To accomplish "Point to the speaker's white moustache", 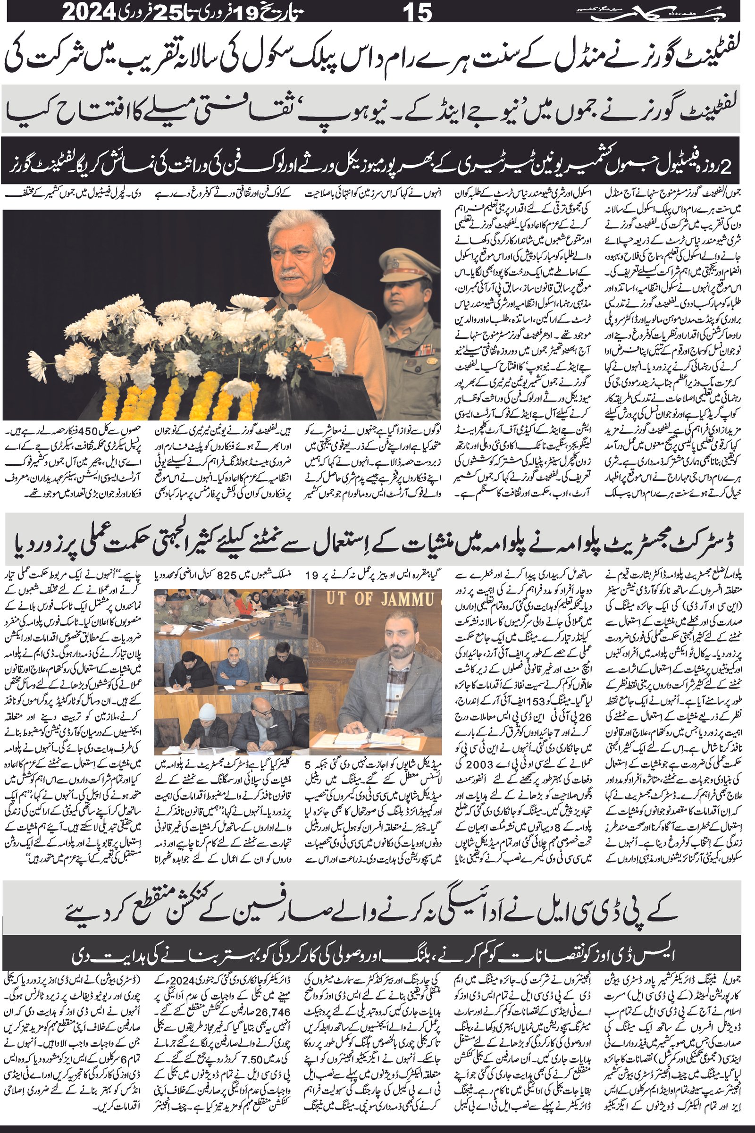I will [x=290, y=273].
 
